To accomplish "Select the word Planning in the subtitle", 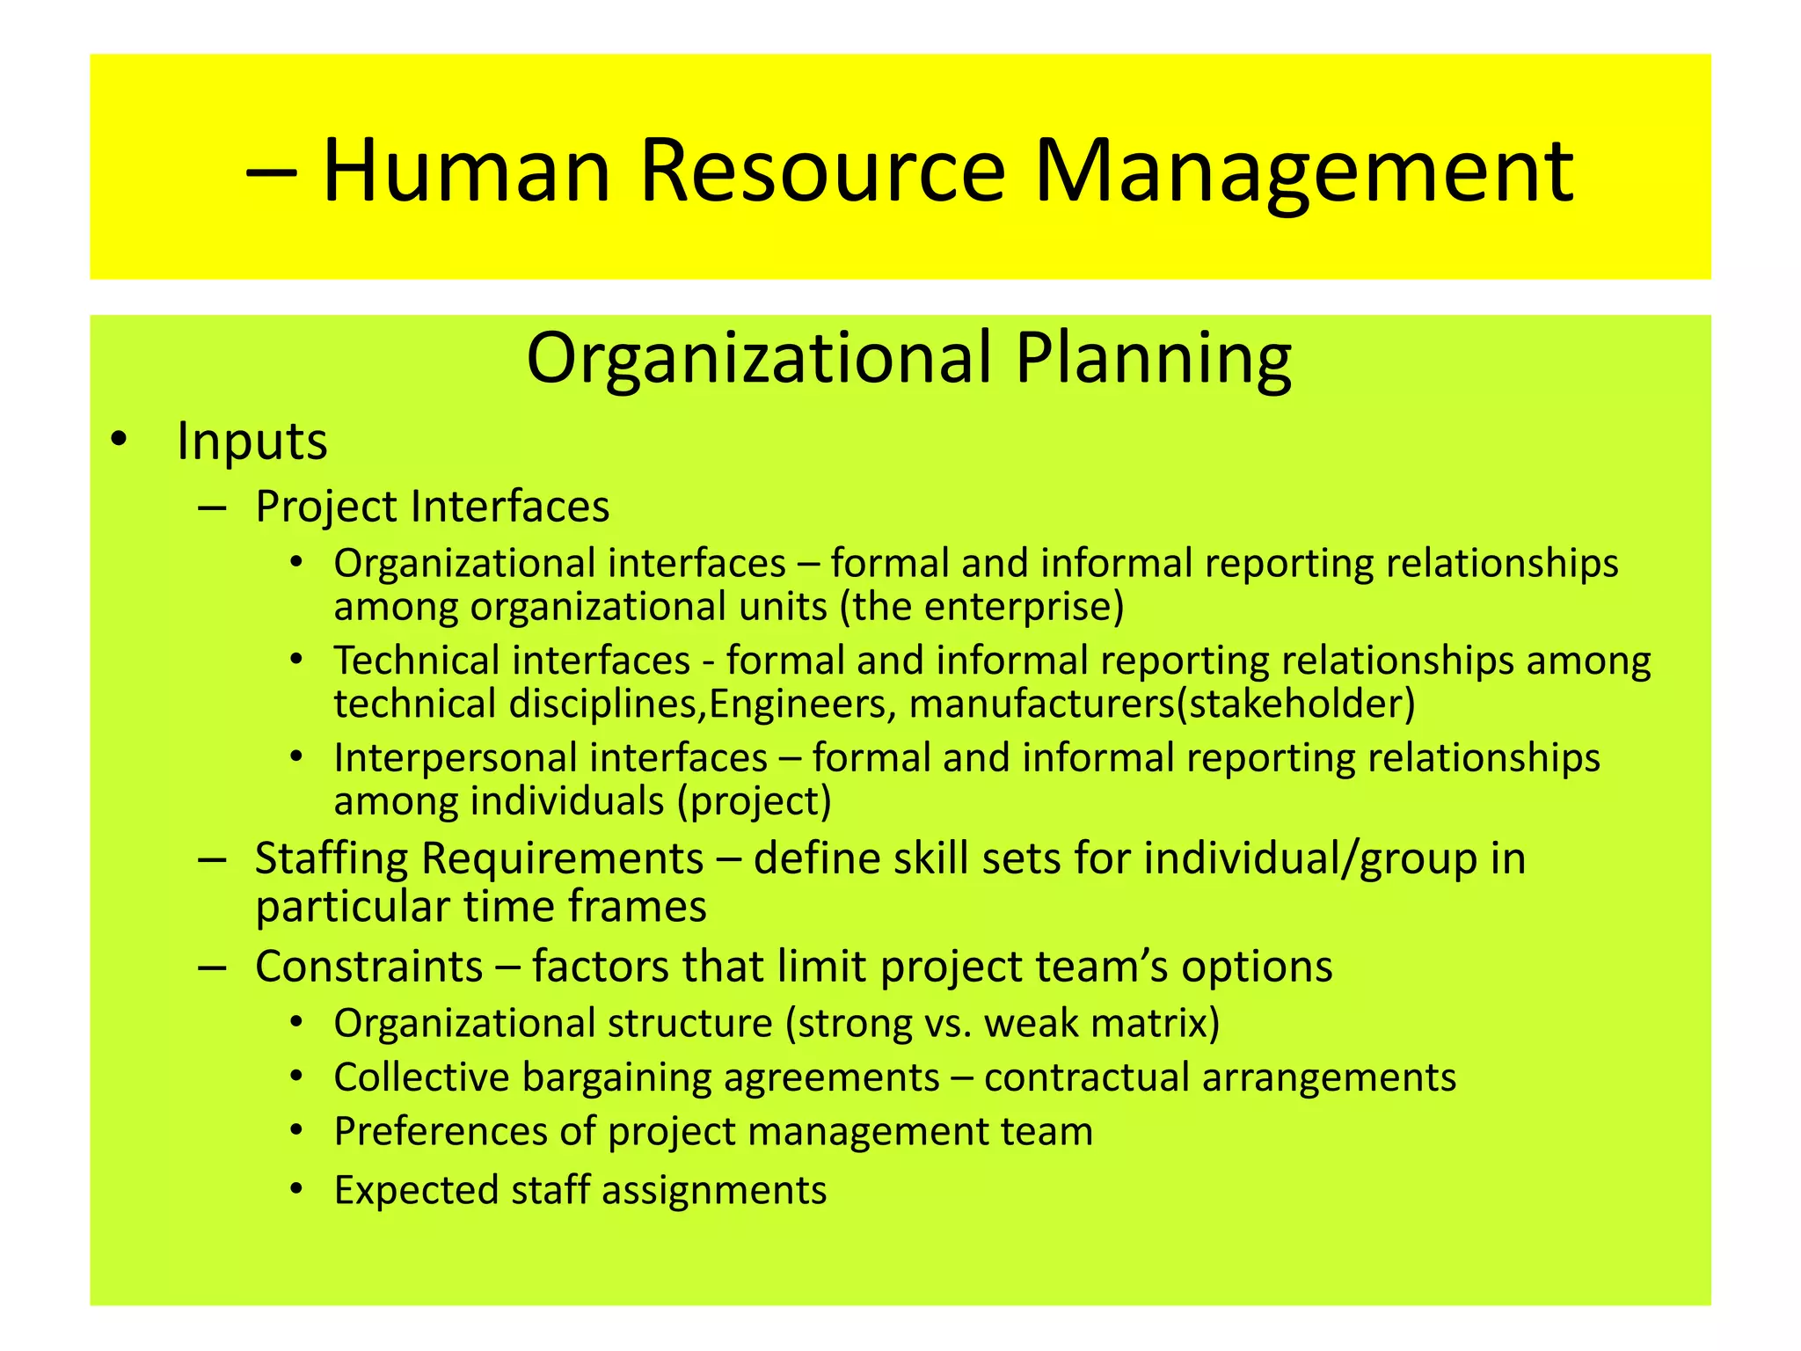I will click(x=1153, y=359).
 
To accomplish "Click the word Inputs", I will click(x=252, y=441).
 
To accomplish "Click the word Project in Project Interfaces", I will click(x=326, y=508).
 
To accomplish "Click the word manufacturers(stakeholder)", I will click(x=1162, y=705).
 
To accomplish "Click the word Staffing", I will click(x=332, y=859).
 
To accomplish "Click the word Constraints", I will click(x=368, y=967).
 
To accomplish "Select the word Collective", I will click(x=421, y=1077).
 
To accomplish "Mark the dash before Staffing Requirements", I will click(x=213, y=859).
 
